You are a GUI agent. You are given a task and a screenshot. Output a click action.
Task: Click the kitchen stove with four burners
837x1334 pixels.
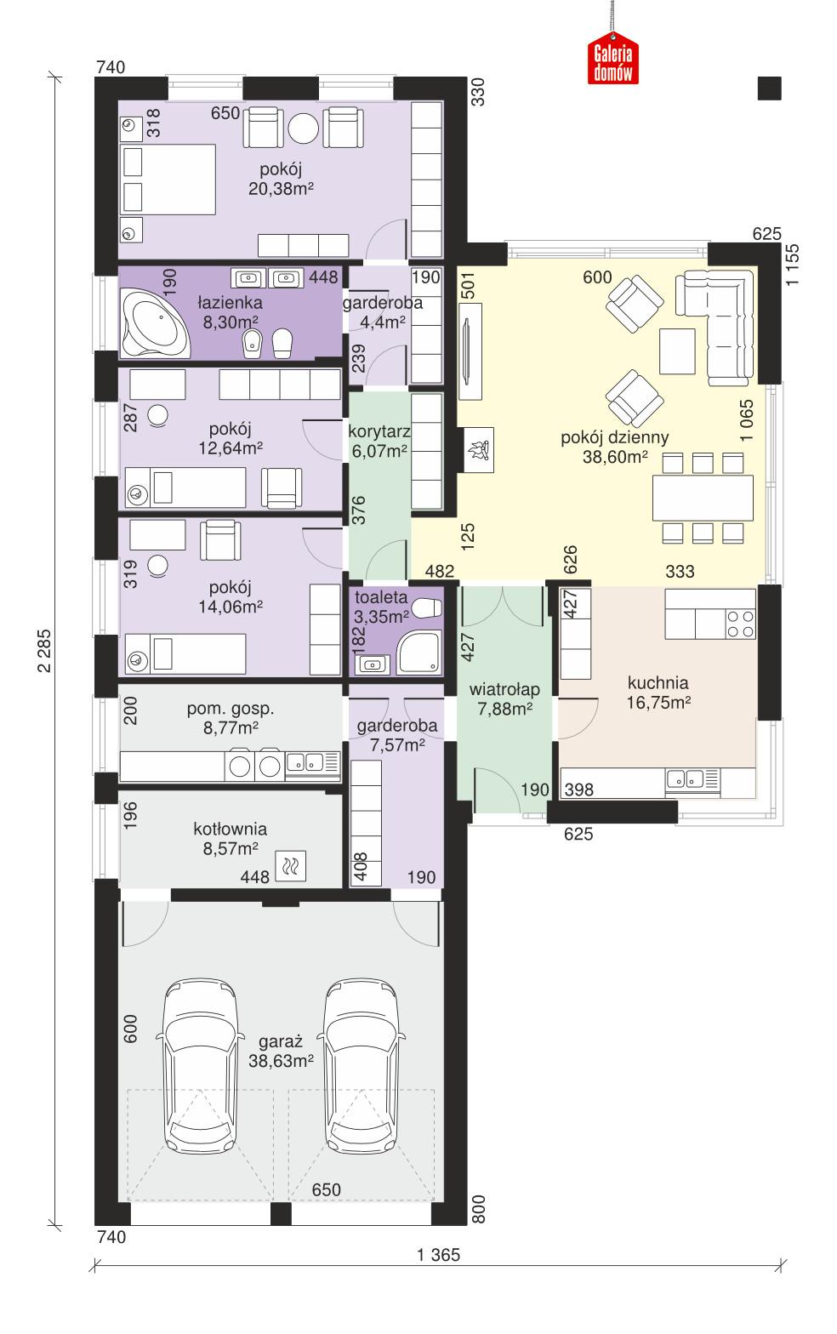(x=739, y=624)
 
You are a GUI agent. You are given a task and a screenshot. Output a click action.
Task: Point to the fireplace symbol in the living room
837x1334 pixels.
(x=476, y=448)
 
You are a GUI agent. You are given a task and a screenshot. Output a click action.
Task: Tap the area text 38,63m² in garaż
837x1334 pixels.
(x=282, y=1061)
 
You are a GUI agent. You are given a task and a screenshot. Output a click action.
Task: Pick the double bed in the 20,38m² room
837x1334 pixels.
(x=168, y=179)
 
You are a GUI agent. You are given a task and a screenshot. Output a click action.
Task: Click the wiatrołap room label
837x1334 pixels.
(x=504, y=690)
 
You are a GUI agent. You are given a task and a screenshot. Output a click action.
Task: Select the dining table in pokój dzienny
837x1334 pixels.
(x=703, y=498)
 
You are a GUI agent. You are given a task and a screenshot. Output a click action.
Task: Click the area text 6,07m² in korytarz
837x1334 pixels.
(x=379, y=452)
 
